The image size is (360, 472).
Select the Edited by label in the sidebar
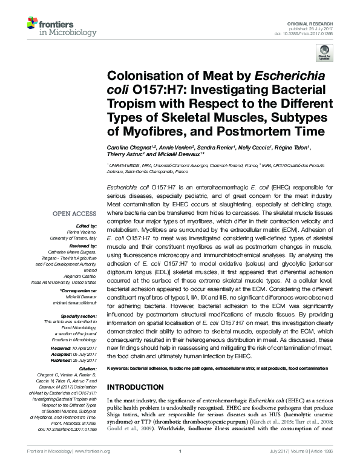pyautogui.click(x=85, y=225)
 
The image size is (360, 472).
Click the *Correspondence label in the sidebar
pyautogui.click(x=79, y=292)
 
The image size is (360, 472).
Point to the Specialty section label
pyautogui.click(x=79, y=315)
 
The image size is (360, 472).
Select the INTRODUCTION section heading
pyautogui.click(x=140, y=387)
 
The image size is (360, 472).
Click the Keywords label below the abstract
pyautogui.click(x=120, y=369)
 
